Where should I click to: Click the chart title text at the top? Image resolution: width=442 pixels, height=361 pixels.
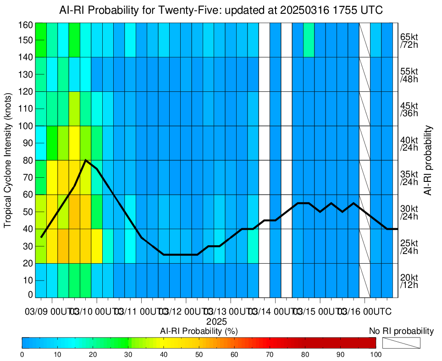tap(221, 10)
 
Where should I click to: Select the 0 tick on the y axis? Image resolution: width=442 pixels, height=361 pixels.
tap(30, 294)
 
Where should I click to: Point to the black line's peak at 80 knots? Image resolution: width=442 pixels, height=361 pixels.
tap(86, 160)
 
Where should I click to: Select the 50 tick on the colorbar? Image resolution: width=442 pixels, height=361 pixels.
tap(199, 355)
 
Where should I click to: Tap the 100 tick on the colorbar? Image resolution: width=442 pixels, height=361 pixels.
tap(376, 355)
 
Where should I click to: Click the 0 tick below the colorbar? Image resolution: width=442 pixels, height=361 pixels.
tap(22, 355)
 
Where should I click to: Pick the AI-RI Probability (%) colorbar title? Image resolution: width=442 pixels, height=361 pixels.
tap(199, 331)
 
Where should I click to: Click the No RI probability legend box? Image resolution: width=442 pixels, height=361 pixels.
tap(401, 343)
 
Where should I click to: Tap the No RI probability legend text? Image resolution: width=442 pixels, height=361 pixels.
tap(401, 331)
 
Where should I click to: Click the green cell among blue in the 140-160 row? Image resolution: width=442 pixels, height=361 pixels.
tap(309, 39)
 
